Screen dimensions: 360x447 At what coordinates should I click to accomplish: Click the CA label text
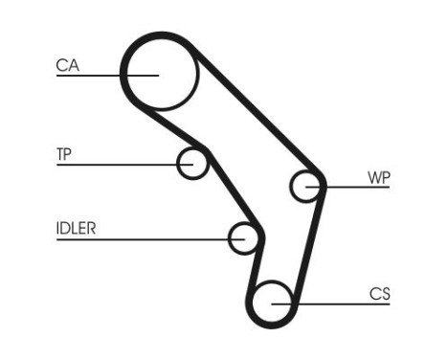67,65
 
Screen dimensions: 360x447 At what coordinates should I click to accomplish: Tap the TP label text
65,153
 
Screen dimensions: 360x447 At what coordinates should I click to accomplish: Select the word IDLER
77,229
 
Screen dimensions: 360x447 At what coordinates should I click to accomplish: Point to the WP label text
378,177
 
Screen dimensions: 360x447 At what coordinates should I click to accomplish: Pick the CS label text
379,294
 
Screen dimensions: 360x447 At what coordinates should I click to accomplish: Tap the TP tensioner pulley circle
193,163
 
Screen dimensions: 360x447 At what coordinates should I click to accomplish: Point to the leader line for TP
115,165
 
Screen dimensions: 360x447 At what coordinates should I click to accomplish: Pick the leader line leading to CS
345,304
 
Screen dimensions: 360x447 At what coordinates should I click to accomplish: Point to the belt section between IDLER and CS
253,273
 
